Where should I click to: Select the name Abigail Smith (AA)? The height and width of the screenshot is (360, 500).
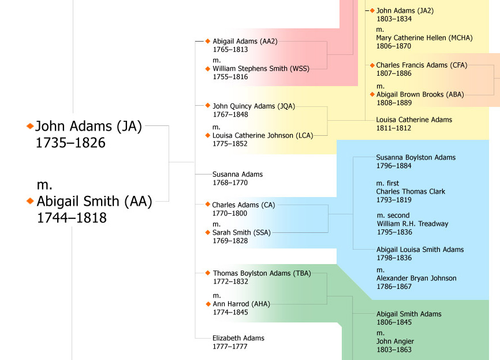tap(94, 201)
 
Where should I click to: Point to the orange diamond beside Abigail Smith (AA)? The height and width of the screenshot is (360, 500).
tap(30, 201)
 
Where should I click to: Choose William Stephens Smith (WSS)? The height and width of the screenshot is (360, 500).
tap(260, 68)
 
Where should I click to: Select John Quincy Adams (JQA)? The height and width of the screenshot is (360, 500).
tap(253, 106)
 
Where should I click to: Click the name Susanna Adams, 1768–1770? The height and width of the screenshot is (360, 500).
tap(237, 174)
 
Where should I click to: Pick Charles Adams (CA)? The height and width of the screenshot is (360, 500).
tap(241, 205)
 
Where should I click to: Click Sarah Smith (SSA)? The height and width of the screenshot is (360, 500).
tap(241, 232)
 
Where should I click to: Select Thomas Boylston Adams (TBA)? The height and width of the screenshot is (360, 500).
tap(261, 273)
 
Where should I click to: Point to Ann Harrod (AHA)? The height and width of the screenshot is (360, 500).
tap(241, 304)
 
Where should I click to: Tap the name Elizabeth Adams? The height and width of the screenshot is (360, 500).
tap(238, 338)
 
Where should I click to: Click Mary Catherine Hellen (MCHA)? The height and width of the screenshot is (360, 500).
tap(424, 38)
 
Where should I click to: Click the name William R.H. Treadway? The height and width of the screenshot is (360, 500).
tap(412, 224)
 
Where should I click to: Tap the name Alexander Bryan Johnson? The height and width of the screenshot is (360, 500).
tap(416, 279)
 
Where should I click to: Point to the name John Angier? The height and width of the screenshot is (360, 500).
tap(395, 342)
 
